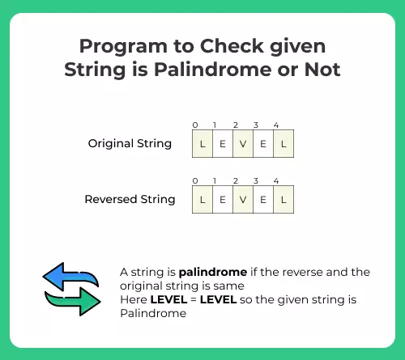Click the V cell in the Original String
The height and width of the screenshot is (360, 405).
coord(243,144)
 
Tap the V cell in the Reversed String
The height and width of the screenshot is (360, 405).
coord(243,200)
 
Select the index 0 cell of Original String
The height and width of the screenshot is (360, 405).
coord(202,144)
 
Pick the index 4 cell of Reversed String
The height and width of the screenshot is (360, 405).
coord(283,200)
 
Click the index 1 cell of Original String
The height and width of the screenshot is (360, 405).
coord(223,144)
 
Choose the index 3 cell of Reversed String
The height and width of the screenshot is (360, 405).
coord(263,200)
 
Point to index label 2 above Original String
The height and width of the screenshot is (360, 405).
coord(236,125)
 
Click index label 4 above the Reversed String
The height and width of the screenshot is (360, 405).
coord(276,181)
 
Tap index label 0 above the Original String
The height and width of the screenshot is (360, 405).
coord(195,125)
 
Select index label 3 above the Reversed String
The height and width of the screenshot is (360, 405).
coord(256,181)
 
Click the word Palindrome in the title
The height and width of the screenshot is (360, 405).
coord(213,70)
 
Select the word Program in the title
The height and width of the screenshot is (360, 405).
coord(123,48)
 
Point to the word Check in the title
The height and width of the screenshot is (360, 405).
coord(232,46)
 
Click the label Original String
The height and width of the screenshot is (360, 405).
coord(130,144)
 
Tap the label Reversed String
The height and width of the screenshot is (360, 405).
coord(130,200)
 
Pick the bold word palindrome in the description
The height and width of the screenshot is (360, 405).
coord(213,273)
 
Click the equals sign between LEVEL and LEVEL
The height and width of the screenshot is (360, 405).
coord(194,300)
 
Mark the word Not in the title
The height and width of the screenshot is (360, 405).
coord(322,70)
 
